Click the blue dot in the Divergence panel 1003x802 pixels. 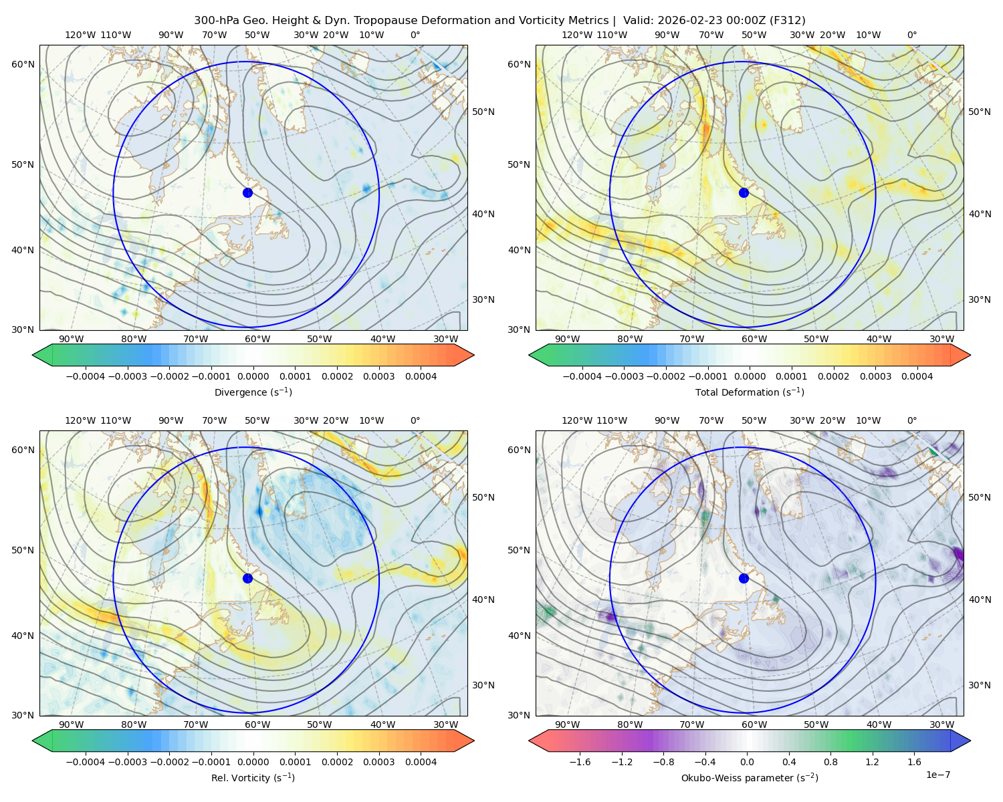[247, 192]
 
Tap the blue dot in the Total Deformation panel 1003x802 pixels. [744, 192]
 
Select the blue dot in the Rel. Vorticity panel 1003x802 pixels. [247, 578]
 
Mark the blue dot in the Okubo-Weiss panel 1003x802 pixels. [744, 578]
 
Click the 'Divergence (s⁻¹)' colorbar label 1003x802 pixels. [253, 392]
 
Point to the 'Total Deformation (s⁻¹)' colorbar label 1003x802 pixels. [750, 392]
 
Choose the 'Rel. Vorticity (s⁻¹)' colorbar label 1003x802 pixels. [253, 777]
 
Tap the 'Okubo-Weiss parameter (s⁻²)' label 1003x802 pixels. [750, 777]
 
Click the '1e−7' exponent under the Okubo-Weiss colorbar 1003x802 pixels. [937, 775]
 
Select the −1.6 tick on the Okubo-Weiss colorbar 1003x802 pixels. [580, 762]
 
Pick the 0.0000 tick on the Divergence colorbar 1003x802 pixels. [253, 376]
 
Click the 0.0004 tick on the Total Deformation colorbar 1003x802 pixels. [917, 376]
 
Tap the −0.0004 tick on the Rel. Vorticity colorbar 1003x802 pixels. [86, 762]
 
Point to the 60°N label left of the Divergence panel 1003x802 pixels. [23, 64]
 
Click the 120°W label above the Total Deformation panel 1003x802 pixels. [576, 35]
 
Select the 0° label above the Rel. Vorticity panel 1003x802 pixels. [415, 420]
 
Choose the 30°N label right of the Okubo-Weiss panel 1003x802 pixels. [979, 685]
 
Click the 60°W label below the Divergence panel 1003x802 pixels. [257, 340]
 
